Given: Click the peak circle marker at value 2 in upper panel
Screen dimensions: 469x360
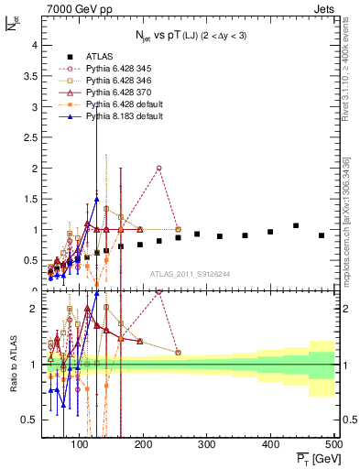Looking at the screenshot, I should (159, 169).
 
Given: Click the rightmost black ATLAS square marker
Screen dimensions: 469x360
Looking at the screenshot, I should (321, 235).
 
